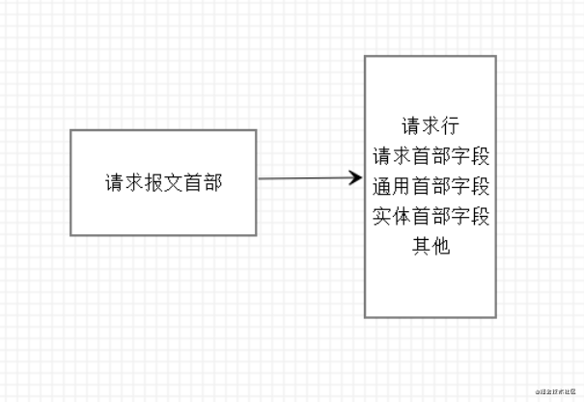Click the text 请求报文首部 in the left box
click(x=163, y=182)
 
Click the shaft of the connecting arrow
click(x=304, y=178)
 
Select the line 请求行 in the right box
click(x=430, y=126)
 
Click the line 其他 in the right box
click(x=430, y=246)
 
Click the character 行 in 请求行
click(x=449, y=126)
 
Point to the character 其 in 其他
click(x=420, y=246)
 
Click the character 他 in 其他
click(x=440, y=246)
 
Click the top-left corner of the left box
click(x=71, y=130)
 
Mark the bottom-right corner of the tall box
click(x=496, y=317)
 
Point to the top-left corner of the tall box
click(x=365, y=56)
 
